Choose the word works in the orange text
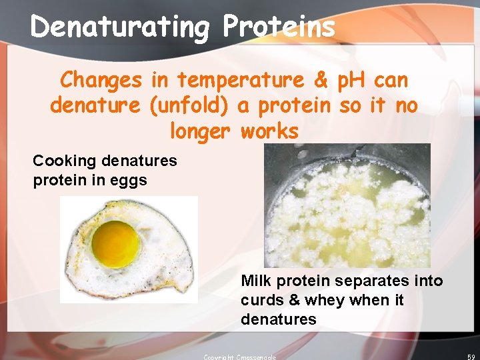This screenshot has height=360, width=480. pos(269,131)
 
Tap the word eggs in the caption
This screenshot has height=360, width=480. pos(129,180)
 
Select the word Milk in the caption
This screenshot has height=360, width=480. pos(256,281)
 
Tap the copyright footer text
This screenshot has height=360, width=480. pos(239,357)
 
